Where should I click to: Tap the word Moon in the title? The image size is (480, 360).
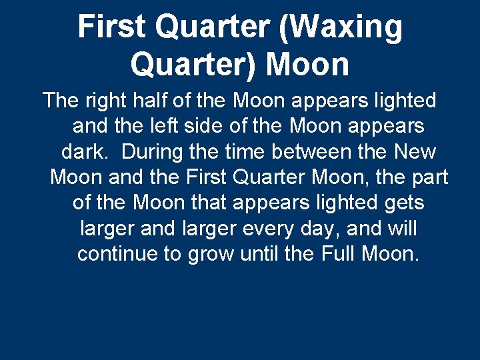coord(307,65)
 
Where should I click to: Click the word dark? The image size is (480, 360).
coord(85,151)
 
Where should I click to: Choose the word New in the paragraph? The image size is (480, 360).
coord(414,151)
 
